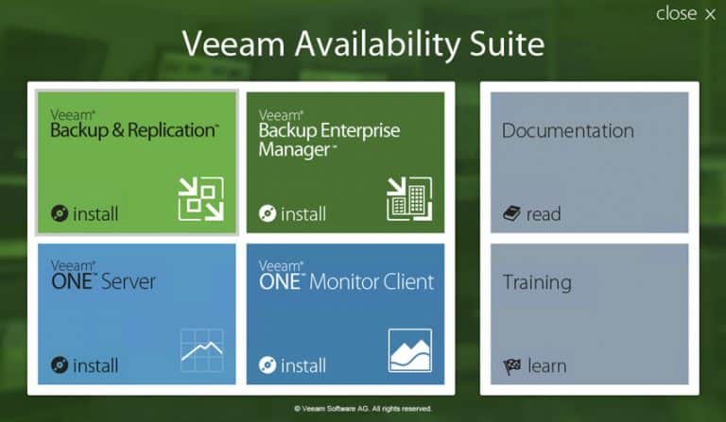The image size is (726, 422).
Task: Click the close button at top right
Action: tap(685, 14)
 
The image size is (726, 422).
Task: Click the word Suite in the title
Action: tap(507, 44)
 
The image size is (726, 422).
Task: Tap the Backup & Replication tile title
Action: tap(134, 126)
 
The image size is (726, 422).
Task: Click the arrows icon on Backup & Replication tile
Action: tap(201, 199)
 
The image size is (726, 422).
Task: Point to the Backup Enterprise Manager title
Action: tap(329, 134)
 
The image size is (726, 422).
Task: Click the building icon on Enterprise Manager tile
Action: tap(409, 199)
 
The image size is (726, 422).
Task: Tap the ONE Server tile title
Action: tap(103, 277)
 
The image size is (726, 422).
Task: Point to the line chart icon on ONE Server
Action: tap(202, 350)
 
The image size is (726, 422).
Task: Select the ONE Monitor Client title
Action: tap(346, 277)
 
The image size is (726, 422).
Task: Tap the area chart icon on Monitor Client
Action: tap(409, 350)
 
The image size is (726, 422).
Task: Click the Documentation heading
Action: tap(567, 131)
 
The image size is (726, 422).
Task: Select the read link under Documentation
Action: tap(544, 214)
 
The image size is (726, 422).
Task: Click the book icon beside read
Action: tap(511, 213)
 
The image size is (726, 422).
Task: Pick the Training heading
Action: tap(537, 282)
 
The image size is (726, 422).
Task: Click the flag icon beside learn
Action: tap(512, 366)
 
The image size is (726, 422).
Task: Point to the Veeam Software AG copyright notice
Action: tap(363, 409)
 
